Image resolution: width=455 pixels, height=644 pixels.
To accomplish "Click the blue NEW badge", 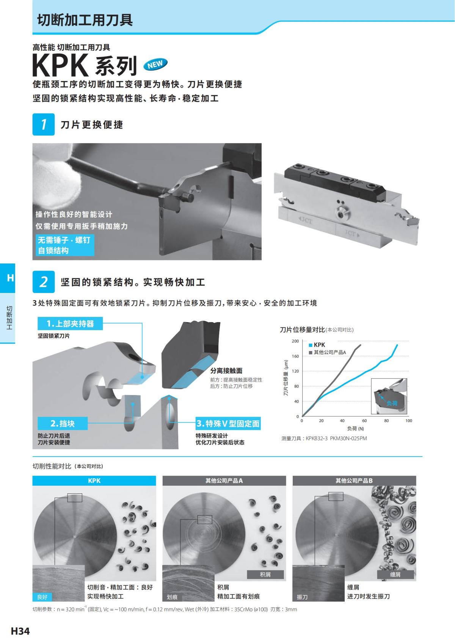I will (x=155, y=65).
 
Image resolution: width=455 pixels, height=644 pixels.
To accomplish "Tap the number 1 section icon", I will (x=44, y=124).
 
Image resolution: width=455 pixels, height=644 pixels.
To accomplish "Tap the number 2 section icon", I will (x=44, y=282).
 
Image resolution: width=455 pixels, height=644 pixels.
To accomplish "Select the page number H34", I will (x=20, y=631).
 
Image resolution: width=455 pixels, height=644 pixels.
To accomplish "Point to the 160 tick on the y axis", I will (x=295, y=356).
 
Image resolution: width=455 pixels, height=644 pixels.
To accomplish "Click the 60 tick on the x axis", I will (x=364, y=421).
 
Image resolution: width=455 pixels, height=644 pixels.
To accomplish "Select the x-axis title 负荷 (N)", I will (x=355, y=429).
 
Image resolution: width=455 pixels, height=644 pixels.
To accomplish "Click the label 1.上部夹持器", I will (x=70, y=324).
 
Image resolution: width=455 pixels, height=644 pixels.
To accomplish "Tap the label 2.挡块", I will (x=63, y=424).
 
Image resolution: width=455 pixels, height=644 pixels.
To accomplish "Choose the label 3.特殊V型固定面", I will (x=228, y=424).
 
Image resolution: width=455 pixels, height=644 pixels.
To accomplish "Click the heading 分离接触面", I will (x=226, y=371).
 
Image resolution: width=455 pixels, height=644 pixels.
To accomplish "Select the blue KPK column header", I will (x=94, y=480).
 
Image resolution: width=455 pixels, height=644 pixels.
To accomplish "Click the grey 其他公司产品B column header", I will (x=354, y=480).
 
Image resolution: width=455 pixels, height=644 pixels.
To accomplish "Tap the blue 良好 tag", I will (x=42, y=597).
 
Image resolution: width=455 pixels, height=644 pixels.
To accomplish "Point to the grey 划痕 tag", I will (x=172, y=597).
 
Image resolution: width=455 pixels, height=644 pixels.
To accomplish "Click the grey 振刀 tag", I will (x=302, y=597).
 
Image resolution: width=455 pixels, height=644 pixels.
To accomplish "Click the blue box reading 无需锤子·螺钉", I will (x=64, y=240).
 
